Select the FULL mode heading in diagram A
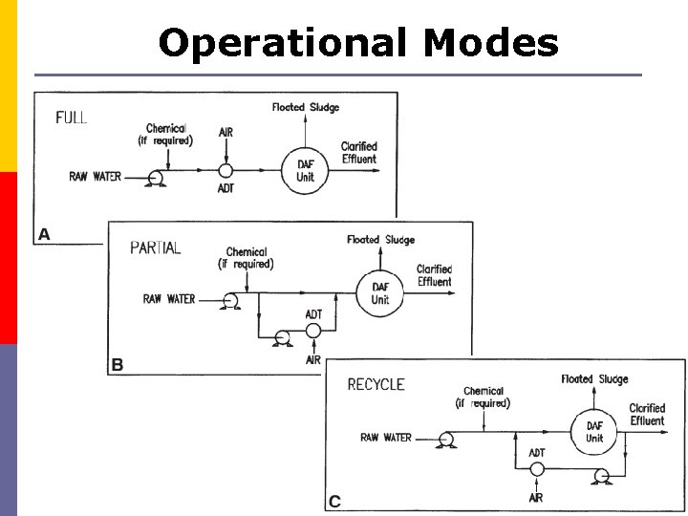(72, 118)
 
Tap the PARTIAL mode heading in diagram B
(156, 247)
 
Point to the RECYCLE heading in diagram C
(376, 384)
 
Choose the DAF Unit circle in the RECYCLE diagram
(594, 432)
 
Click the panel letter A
(44, 233)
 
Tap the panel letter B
(118, 364)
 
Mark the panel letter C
(334, 501)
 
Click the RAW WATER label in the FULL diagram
(95, 177)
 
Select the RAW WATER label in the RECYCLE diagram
(386, 438)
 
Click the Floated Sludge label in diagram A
(306, 107)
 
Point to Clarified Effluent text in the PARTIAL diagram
(434, 275)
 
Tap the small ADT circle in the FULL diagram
(226, 170)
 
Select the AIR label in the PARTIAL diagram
(312, 359)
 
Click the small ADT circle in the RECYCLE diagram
(537, 469)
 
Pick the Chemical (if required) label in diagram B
(246, 258)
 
